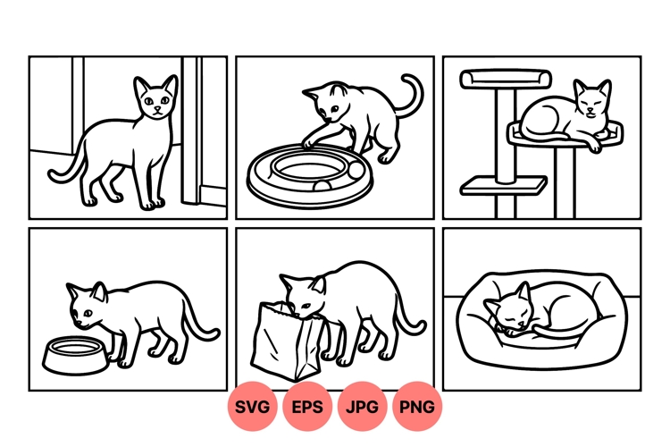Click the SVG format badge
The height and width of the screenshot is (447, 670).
pos(253,407)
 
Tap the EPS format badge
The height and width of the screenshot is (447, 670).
pos(308,407)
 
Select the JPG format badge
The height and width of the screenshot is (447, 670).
pos(363,407)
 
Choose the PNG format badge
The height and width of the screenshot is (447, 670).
pos(417,407)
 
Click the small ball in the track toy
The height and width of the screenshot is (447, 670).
pos(356,168)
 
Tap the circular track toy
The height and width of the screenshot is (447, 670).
pos(308,174)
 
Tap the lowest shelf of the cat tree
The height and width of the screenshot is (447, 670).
pos(504,185)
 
